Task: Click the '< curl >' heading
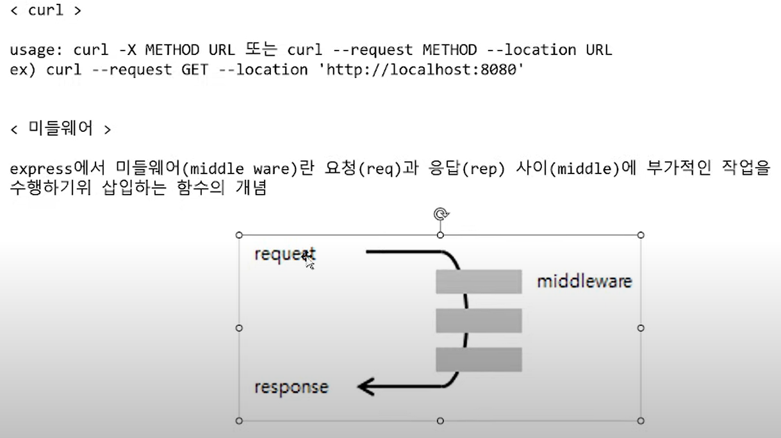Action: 46,12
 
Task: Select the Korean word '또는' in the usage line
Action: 259,50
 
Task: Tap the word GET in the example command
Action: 194,69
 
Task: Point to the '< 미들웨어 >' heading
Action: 61,129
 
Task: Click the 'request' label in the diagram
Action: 284,254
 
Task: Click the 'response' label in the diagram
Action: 291,387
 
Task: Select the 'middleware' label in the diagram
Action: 584,281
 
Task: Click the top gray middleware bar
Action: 479,282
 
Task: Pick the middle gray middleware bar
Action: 479,320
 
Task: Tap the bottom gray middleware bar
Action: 479,359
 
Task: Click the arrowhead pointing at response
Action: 366,387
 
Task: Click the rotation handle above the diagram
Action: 440,214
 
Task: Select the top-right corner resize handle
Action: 641,235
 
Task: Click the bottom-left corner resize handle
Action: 240,421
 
